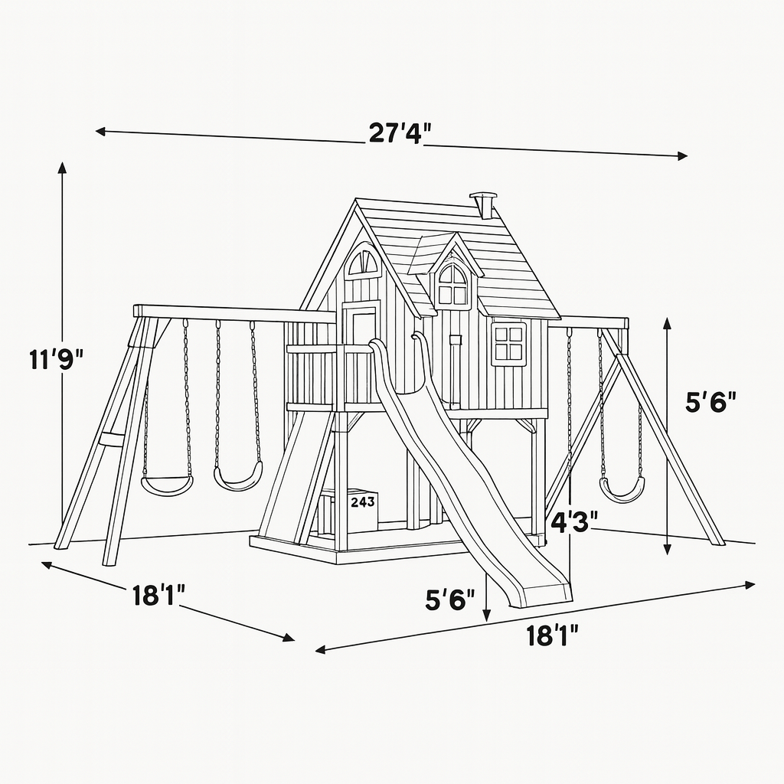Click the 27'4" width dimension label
click(400, 133)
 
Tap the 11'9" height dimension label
click(56, 360)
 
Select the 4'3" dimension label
click(574, 522)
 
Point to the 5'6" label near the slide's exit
click(449, 600)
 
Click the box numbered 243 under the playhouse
click(362, 508)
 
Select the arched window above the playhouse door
click(364, 260)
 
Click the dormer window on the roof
click(453, 286)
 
